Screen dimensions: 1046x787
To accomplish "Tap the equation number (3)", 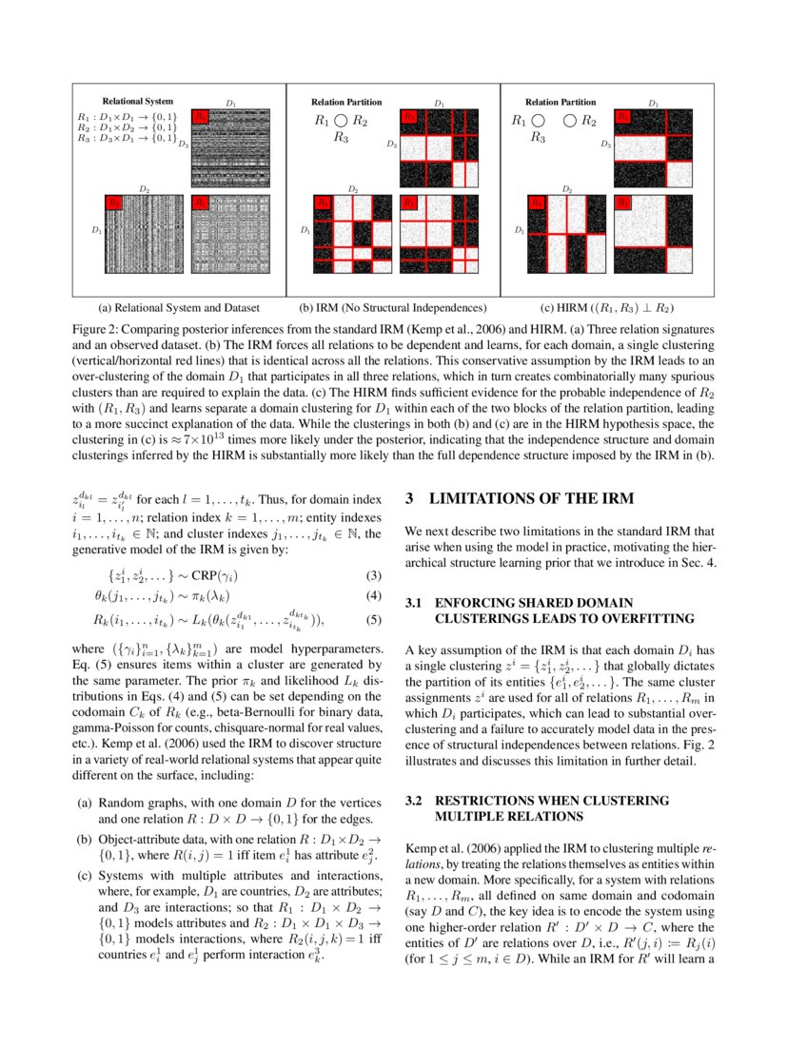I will pos(374,575).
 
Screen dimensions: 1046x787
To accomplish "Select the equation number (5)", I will pos(374,622).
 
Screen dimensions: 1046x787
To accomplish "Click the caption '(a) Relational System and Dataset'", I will pos(179,308).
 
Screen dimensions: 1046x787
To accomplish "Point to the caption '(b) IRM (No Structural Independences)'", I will pos(393,308).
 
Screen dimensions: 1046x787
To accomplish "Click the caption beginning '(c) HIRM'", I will pos(607,308).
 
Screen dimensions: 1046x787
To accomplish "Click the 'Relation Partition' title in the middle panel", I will pos(346,101).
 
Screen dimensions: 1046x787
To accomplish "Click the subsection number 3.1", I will pos(414,604).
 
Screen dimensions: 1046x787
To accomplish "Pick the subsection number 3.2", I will pos(414,801).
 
